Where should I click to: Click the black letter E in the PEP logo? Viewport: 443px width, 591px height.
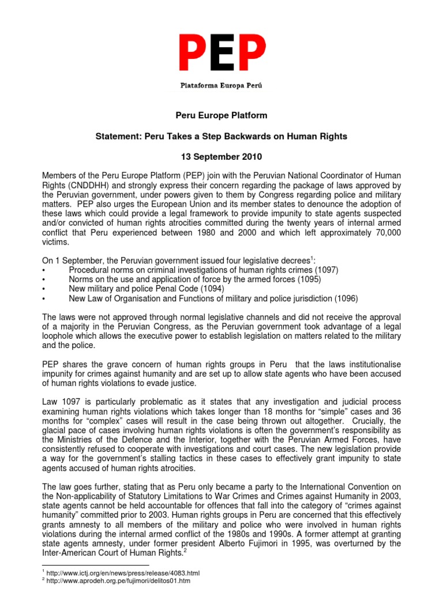click(221, 54)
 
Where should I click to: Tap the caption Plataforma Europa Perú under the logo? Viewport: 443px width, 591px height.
click(221, 85)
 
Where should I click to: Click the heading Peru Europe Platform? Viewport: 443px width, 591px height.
click(221, 115)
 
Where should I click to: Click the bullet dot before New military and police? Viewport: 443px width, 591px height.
click(45, 289)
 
